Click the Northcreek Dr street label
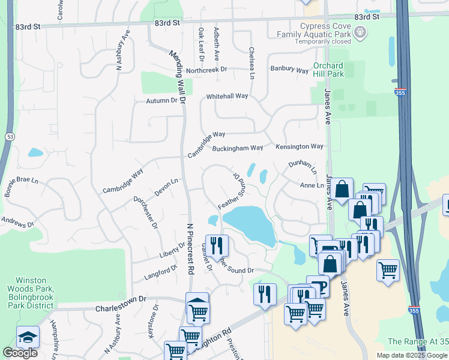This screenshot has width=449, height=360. tap(206, 70)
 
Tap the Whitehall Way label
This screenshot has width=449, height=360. tap(227, 96)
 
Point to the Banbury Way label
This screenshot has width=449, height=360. tap(289, 70)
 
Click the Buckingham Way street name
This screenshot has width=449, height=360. tap(238, 148)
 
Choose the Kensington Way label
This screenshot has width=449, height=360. tap(300, 146)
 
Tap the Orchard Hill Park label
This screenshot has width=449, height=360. tap(328, 70)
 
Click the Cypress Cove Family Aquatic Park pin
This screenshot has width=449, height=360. tap(360, 32)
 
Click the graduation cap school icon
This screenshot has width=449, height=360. tap(28, 337)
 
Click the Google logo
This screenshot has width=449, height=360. tap(20, 353)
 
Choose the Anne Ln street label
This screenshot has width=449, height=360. tap(312, 185)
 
